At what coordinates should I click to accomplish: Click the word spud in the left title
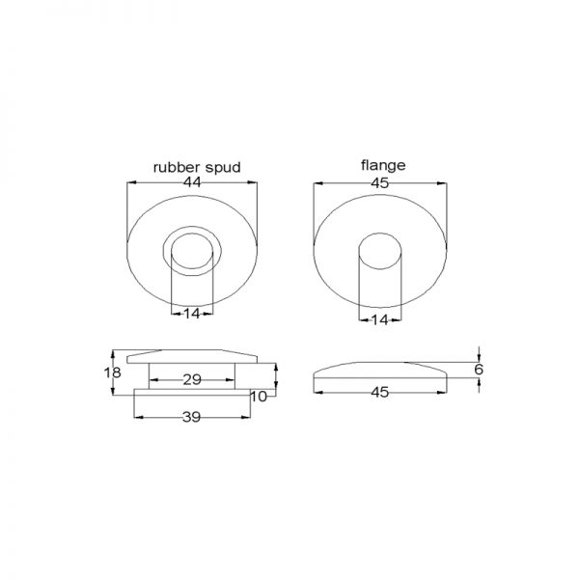point(223,168)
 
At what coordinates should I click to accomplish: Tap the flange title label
point(383,165)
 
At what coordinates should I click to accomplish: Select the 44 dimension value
point(192,182)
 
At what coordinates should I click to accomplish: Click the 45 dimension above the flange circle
point(380,183)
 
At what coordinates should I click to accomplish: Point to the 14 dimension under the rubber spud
point(192,314)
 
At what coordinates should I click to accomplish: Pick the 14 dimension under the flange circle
point(380,319)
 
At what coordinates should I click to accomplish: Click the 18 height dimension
point(112,372)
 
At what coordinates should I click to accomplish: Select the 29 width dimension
point(192,379)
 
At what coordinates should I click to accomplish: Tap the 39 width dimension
point(192,417)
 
